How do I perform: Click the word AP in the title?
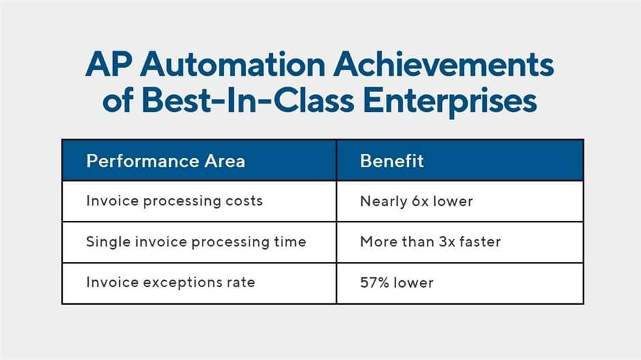point(108,66)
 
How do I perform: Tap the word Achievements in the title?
point(445,66)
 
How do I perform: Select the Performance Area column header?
point(165,161)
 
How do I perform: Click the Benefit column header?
point(392,161)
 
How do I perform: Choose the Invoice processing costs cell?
point(174,201)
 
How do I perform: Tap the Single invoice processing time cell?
point(196,242)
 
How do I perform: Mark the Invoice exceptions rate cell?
point(170,282)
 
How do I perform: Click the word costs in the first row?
point(245,201)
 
